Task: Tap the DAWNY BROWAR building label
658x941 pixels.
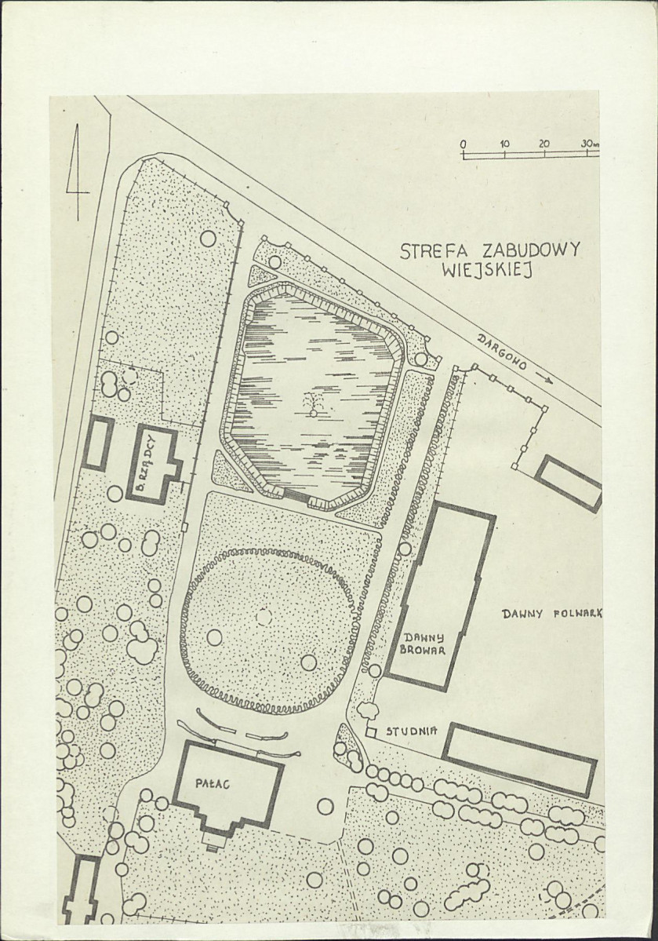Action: coord(424,643)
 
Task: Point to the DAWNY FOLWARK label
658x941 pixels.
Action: coord(552,613)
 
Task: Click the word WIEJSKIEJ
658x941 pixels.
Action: coord(487,271)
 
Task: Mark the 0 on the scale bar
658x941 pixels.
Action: coord(463,144)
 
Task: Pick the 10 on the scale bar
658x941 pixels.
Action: coord(503,144)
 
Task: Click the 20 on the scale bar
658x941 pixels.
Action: coord(544,144)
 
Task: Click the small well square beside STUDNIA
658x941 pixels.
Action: coord(370,733)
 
